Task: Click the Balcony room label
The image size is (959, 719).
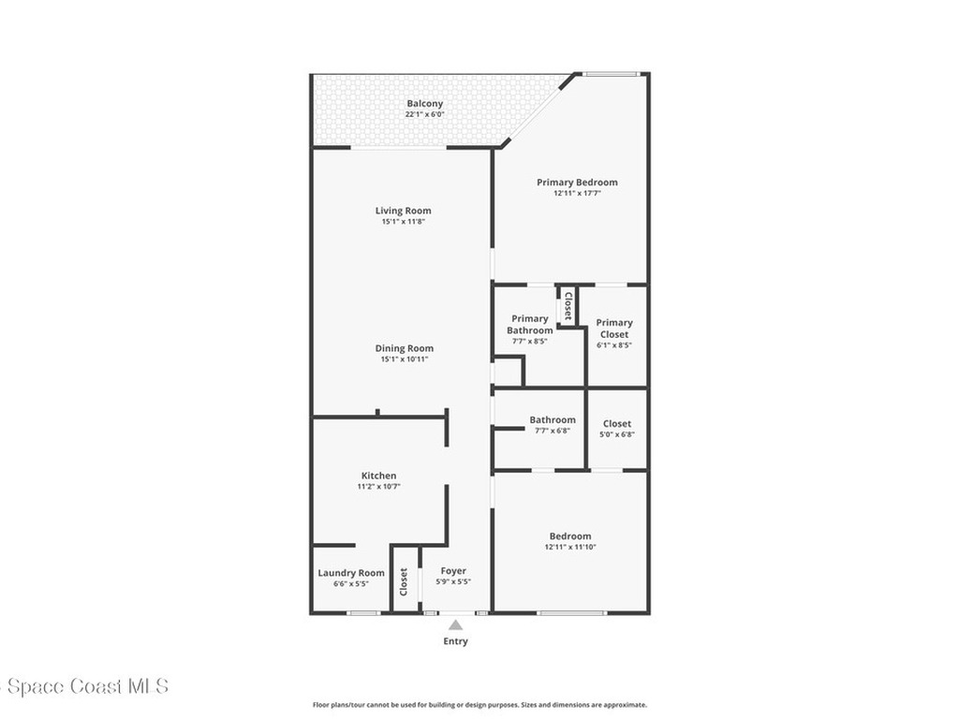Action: (424, 104)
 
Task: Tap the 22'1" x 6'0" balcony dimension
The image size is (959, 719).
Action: (424, 114)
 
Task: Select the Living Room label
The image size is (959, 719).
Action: (404, 211)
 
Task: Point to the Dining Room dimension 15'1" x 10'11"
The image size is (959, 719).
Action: (404, 359)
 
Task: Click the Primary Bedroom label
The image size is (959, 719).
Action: (577, 183)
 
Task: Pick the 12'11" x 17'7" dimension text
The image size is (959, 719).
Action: (577, 194)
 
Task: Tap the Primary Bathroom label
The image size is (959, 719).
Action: (530, 324)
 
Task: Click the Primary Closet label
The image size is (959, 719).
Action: (614, 328)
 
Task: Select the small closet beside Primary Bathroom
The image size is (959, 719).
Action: (567, 306)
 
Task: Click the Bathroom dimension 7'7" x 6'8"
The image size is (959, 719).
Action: (552, 431)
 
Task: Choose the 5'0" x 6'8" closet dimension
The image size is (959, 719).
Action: (617, 434)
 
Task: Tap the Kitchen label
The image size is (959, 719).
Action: (378, 476)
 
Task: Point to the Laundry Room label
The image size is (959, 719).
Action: (351, 573)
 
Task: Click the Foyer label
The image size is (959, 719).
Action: (453, 571)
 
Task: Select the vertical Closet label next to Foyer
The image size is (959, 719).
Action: (405, 582)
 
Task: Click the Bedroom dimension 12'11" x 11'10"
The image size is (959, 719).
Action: (570, 547)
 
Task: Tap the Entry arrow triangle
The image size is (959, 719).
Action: (455, 624)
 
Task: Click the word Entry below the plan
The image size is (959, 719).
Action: (455, 641)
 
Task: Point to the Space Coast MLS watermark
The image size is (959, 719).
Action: (84, 687)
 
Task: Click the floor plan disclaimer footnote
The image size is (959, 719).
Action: (479, 705)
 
